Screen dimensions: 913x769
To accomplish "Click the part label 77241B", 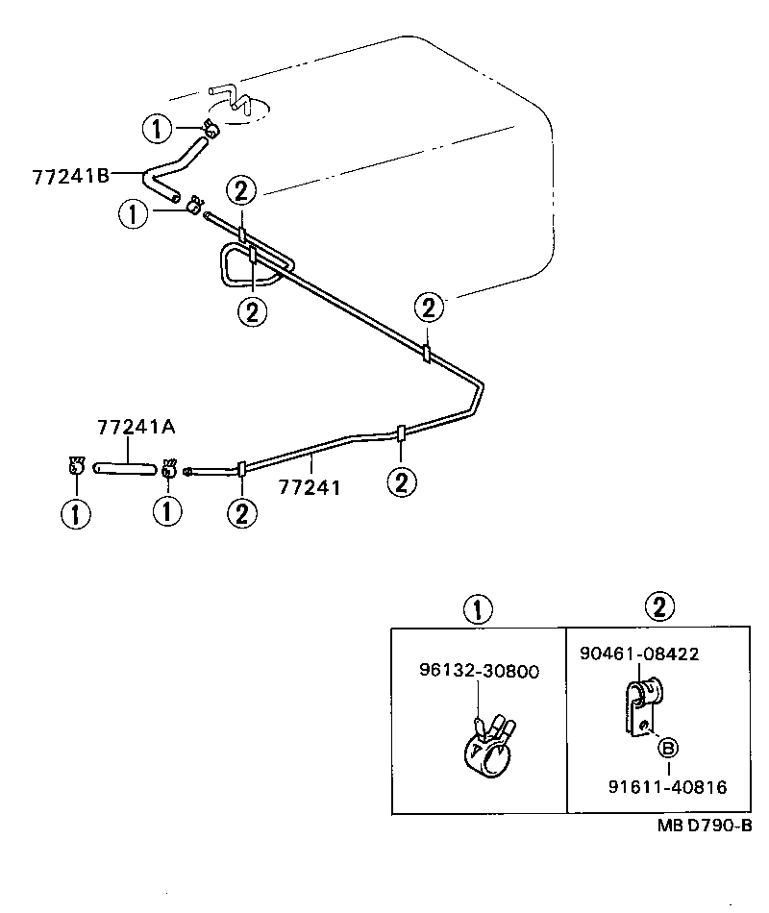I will tap(69, 176).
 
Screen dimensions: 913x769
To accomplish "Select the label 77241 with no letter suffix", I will tap(310, 487).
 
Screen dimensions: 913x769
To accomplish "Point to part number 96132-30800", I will tap(478, 671).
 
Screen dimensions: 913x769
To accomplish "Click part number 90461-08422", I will tap(639, 654).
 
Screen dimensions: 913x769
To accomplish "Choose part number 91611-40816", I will tap(667, 787).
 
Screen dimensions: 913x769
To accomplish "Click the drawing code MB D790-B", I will tap(704, 825).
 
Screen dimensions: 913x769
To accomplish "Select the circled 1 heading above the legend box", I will tap(478, 608).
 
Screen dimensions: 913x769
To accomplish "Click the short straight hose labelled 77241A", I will tap(124, 468).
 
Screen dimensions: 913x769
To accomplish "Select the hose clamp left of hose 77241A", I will tap(76, 468).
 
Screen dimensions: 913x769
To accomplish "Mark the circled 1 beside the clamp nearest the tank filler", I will tap(157, 127).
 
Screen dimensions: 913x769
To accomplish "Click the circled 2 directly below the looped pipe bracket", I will tap(253, 311).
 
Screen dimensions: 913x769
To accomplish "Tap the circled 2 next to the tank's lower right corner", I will tap(429, 308).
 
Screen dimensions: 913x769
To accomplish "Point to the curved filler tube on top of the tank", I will tap(231, 100).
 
